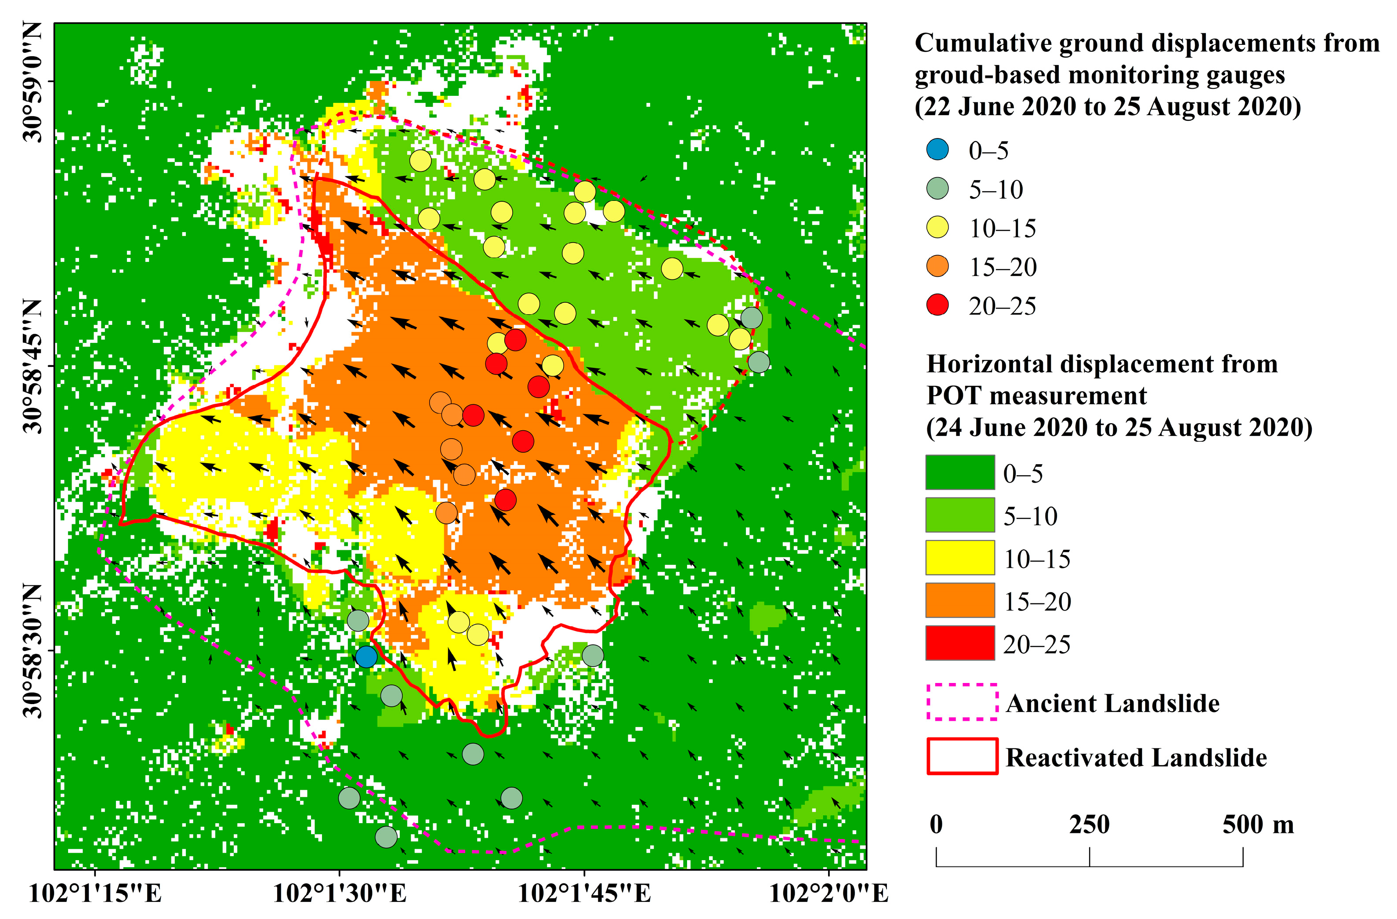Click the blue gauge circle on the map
[366, 657]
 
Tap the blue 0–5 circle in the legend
[937, 150]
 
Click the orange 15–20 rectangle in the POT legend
[960, 600]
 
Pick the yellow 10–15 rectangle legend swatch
[960, 557]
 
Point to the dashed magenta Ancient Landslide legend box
[962, 702]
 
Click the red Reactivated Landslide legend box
[962, 756]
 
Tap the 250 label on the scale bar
[1089, 825]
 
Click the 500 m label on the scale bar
[1258, 825]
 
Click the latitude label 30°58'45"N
[33, 366]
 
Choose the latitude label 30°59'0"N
[33, 82]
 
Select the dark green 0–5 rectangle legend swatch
[960, 472]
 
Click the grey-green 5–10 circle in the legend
[937, 189]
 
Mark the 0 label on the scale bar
[936, 825]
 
